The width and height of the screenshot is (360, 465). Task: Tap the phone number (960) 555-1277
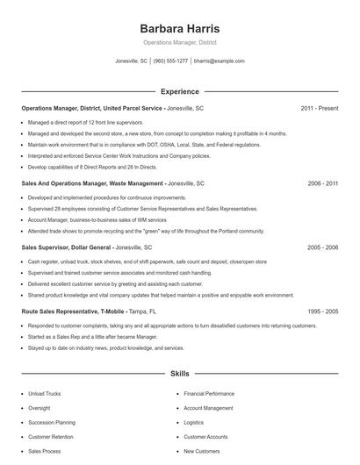(170, 61)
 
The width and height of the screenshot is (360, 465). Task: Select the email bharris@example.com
(220, 61)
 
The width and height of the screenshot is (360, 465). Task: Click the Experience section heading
(179, 91)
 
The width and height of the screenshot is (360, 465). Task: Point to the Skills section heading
(179, 373)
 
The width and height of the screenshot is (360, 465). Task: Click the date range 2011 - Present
(319, 108)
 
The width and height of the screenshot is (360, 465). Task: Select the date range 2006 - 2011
(322, 184)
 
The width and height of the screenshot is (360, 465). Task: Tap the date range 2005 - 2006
(322, 247)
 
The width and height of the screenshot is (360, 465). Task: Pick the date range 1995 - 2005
(322, 311)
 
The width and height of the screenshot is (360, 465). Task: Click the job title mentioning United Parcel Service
(92, 108)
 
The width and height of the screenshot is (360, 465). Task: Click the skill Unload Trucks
(44, 394)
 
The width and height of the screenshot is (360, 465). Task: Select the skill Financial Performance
(209, 394)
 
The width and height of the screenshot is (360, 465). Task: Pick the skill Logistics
(193, 422)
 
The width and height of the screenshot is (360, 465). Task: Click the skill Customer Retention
(50, 436)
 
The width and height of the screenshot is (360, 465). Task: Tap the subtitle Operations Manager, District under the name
(179, 42)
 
